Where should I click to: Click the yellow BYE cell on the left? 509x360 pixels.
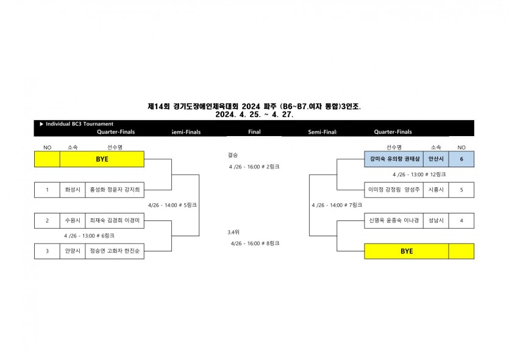(102, 159)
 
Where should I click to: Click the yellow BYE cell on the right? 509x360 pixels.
(407, 251)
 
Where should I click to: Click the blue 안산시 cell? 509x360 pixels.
(436, 159)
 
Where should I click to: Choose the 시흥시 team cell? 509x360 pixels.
(436, 190)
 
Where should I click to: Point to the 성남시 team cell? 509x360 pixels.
(436, 220)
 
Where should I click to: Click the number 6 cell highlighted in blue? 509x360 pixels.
(461, 159)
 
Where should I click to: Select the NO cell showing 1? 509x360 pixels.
(47, 190)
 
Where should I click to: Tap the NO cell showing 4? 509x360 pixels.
(461, 220)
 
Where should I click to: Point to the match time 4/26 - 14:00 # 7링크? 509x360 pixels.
(336, 205)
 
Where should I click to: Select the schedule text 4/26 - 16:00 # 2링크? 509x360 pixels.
(254, 167)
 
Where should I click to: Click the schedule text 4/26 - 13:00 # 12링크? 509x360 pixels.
(419, 175)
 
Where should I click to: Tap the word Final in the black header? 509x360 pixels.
(254, 132)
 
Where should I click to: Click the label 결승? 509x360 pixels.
(232, 156)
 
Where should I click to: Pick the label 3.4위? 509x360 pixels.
(233, 232)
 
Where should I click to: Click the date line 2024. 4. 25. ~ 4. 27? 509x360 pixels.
(254, 114)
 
